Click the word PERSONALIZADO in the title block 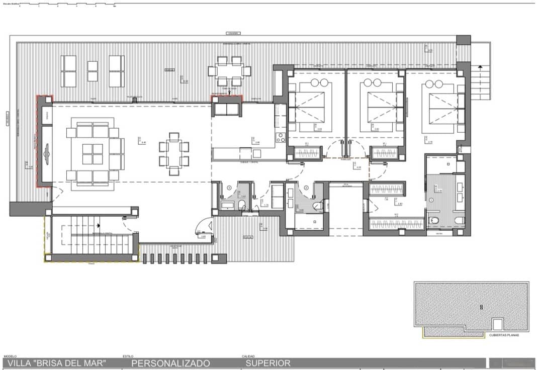[x=170, y=363]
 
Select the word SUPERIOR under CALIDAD [x=268, y=363]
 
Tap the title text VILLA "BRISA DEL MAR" [x=57, y=363]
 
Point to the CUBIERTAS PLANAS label [x=504, y=334]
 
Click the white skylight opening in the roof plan [x=497, y=325]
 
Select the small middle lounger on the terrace [x=93, y=71]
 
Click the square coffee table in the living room [x=93, y=154]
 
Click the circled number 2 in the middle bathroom [x=305, y=188]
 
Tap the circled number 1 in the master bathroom [x=431, y=200]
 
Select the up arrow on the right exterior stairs [x=480, y=67]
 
